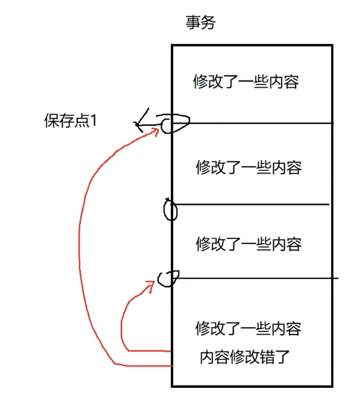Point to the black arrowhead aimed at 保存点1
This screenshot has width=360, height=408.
tap(139, 123)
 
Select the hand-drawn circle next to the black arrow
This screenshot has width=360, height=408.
tap(175, 123)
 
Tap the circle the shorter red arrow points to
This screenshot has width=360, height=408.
tap(166, 278)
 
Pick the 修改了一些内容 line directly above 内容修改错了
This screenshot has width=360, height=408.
tap(248, 329)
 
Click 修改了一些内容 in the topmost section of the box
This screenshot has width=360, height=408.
tap(246, 82)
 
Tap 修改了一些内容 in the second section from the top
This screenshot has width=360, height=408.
tap(248, 167)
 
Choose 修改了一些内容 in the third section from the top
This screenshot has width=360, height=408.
tap(248, 243)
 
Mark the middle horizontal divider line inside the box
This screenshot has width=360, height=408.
tap(253, 204)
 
